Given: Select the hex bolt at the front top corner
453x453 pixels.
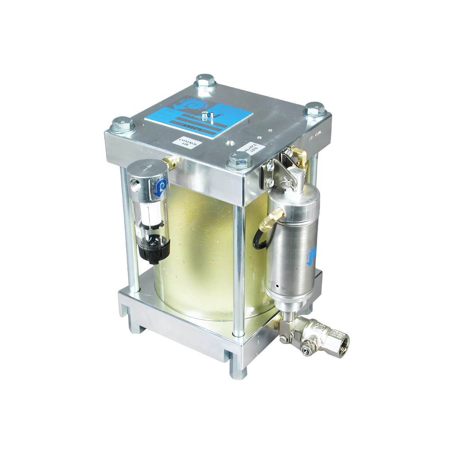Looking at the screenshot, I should tap(239, 160).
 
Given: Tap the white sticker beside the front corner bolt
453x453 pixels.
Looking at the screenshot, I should tap(251, 148).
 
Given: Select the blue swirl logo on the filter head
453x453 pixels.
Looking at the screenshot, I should tap(161, 186).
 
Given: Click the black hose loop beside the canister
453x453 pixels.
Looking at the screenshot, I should tap(259, 239).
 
